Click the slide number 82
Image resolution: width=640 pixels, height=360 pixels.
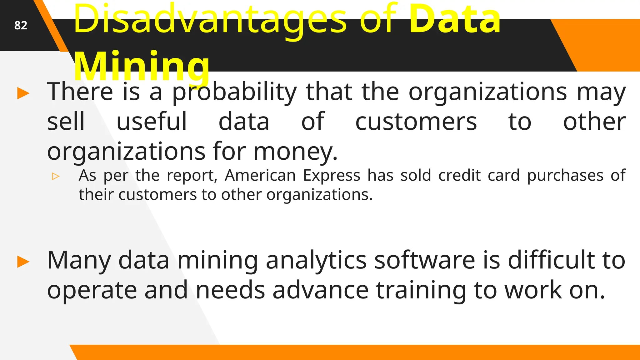tap(21, 25)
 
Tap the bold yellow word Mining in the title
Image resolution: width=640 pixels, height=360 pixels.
tap(142, 66)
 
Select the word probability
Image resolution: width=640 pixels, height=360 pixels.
tap(234, 92)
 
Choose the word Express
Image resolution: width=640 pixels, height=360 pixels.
tap(332, 175)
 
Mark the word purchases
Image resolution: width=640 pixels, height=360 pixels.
tap(565, 176)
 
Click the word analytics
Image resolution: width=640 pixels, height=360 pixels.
tap(316, 260)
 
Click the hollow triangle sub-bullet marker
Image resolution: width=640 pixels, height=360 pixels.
tap(56, 176)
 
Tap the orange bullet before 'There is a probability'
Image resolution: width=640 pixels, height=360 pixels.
tap(23, 93)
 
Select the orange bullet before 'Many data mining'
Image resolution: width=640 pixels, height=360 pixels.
tap(23, 262)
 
